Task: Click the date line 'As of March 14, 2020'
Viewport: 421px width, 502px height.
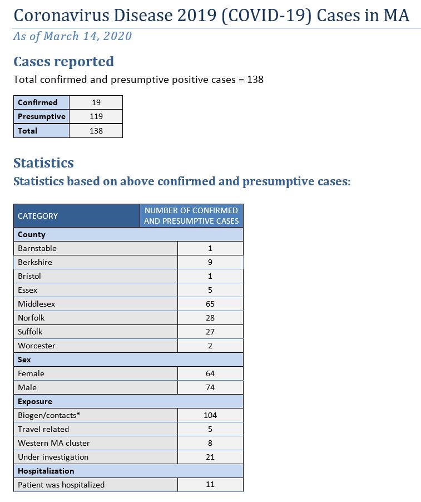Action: coord(72,37)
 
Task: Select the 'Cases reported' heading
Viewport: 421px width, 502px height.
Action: coord(63,62)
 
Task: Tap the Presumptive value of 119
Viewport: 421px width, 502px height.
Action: coord(96,117)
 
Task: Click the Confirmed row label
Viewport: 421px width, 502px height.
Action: coord(37,102)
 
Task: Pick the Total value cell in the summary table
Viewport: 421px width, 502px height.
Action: coord(96,131)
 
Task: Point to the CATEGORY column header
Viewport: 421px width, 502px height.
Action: coord(38,216)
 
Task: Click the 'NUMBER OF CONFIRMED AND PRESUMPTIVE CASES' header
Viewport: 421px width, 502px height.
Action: coord(191,216)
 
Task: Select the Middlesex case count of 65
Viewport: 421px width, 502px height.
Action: coord(210,304)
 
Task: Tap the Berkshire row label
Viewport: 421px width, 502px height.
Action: coord(35,262)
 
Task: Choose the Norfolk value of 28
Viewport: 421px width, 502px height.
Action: coord(210,318)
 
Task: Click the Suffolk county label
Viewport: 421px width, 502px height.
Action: coord(30,332)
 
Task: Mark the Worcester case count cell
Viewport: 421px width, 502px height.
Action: coord(210,346)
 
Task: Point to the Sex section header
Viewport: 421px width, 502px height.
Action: coord(24,360)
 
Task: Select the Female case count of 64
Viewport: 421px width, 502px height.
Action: coord(210,373)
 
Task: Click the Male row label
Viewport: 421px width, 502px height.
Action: coord(27,387)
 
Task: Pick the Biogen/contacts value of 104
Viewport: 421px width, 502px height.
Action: coord(210,415)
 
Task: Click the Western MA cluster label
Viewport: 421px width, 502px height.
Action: coord(53,443)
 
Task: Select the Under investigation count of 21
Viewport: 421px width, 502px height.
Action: coord(210,457)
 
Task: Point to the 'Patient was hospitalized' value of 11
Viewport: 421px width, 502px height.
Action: coord(210,485)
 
